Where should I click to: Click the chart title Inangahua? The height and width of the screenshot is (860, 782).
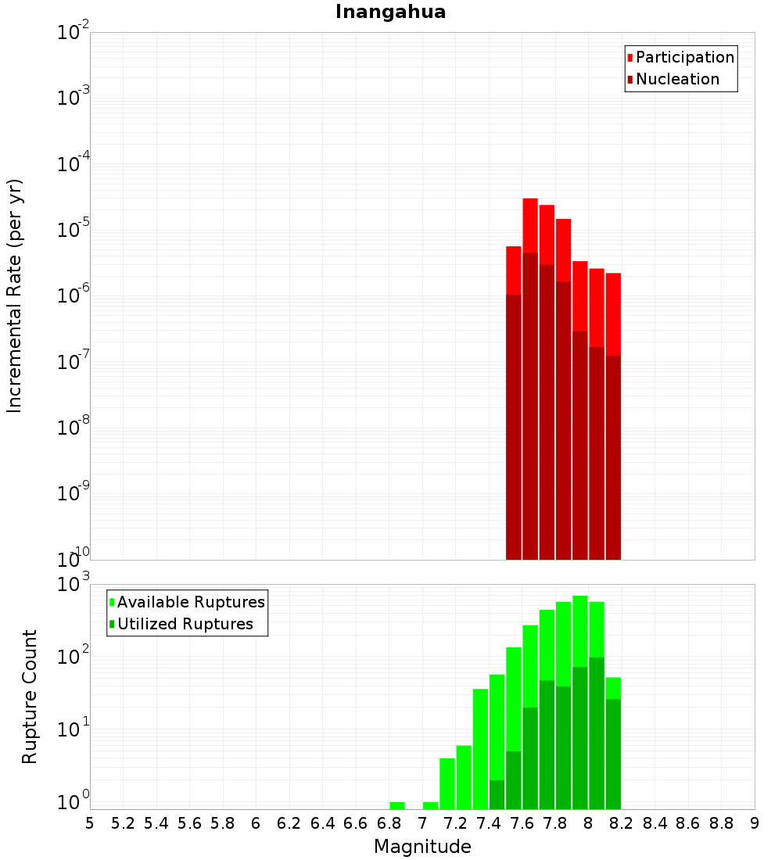(x=390, y=13)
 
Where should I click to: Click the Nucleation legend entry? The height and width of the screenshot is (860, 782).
(x=677, y=80)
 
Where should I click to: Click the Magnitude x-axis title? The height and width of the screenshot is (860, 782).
(x=422, y=847)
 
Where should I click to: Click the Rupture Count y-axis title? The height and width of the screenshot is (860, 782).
(x=30, y=697)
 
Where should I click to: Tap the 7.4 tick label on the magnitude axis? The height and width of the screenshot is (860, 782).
(x=489, y=822)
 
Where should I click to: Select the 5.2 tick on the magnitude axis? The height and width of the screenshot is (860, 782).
(x=124, y=822)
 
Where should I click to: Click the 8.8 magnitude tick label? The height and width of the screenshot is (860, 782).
(x=721, y=822)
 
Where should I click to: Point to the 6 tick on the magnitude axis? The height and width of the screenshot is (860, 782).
(x=256, y=822)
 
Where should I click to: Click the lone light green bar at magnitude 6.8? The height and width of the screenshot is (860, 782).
(x=397, y=805)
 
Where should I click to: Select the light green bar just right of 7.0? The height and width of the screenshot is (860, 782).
(x=430, y=805)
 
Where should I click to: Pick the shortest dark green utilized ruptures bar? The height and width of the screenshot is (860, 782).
(x=497, y=794)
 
